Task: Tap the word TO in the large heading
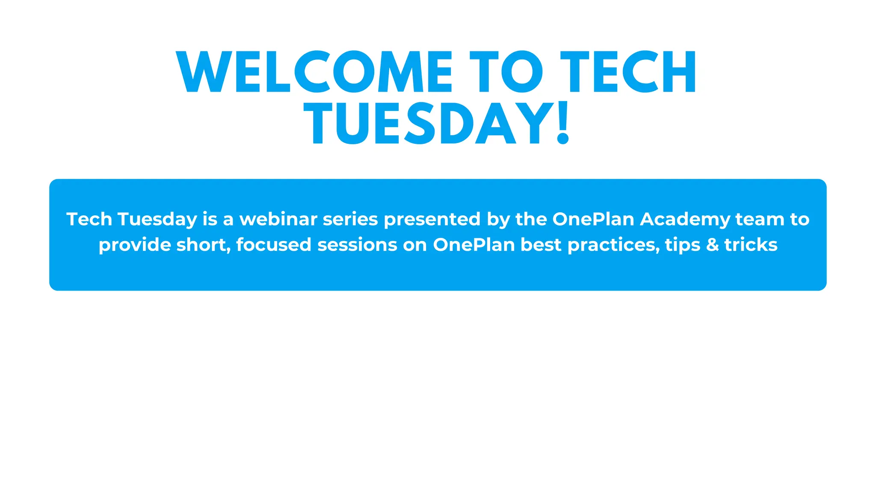[x=506, y=72]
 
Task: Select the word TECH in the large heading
[x=628, y=72]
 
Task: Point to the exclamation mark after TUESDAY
[x=563, y=123]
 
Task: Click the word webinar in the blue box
[x=278, y=219]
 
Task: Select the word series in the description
[x=350, y=219]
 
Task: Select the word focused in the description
[x=274, y=245]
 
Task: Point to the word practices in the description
[x=613, y=245]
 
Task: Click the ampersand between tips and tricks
[x=713, y=245]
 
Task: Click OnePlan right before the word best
[x=474, y=245]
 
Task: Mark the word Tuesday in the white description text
[x=157, y=220]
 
